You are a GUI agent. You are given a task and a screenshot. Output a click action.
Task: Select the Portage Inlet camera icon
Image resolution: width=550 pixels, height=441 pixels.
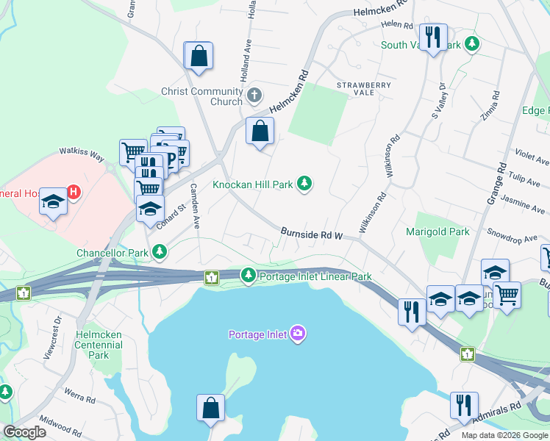(298, 334)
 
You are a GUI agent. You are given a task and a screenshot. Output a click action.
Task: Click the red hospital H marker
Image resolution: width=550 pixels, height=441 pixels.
(73, 193)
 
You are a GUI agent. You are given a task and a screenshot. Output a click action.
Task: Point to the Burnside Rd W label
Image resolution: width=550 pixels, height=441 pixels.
(312, 234)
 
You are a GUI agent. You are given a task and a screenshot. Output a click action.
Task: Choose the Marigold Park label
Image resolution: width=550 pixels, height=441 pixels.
(438, 232)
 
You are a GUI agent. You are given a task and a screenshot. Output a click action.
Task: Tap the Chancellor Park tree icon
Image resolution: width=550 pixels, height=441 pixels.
(160, 253)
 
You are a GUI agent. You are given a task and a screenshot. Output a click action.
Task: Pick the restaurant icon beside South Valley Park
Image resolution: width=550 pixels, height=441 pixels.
(432, 37)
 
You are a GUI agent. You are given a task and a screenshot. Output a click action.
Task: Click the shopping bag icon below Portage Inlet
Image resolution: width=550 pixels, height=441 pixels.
(210, 408)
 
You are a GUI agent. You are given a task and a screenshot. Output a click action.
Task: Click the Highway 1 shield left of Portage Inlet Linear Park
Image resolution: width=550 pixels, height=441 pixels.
(212, 277)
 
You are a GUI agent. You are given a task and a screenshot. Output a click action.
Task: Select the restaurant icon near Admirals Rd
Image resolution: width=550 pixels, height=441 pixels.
(464, 405)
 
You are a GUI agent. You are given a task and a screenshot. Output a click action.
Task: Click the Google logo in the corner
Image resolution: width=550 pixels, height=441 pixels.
(25, 431)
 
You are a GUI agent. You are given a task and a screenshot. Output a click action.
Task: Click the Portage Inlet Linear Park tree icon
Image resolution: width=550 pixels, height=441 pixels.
(249, 276)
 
